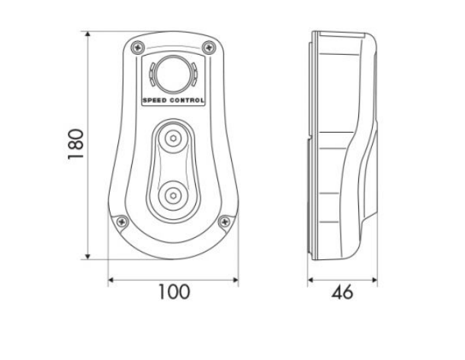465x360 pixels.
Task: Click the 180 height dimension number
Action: pyautogui.click(x=75, y=144)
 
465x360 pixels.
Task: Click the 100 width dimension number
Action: pyautogui.click(x=174, y=292)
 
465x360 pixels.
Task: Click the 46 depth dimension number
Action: pyautogui.click(x=342, y=292)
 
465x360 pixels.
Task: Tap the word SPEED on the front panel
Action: pyautogui.click(x=155, y=101)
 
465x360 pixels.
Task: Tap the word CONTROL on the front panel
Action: pyautogui.click(x=187, y=101)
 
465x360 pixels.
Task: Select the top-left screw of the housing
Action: pyautogui.click(x=138, y=47)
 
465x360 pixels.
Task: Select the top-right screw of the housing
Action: pyautogui.click(x=209, y=47)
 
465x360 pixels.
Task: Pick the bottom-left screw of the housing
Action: pyautogui.click(x=122, y=221)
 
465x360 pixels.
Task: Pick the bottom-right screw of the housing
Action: pyautogui.click(x=224, y=221)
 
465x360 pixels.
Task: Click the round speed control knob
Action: pyautogui.click(x=173, y=74)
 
